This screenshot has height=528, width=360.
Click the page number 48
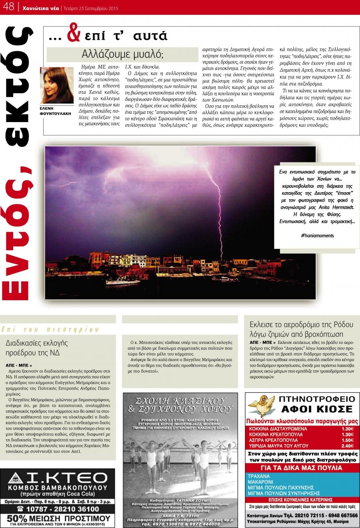[x=8, y=6]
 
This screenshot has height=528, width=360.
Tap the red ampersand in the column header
[x=74, y=35]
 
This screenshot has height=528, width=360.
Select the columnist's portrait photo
[x=57, y=85]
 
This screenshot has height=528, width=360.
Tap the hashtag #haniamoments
[x=317, y=235]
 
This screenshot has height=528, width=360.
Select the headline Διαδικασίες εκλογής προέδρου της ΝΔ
[x=37, y=348]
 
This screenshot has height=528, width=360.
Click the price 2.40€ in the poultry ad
[x=348, y=446]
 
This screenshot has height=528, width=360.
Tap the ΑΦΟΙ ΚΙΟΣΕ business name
[x=316, y=409]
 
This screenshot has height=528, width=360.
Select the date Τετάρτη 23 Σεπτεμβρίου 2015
[x=89, y=7]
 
